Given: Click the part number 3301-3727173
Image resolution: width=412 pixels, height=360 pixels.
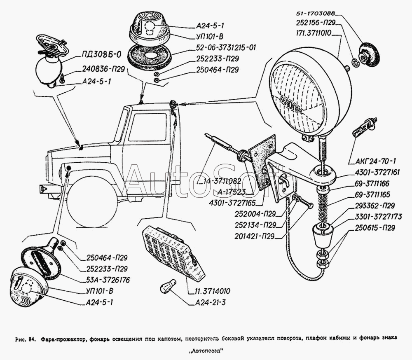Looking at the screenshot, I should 374,215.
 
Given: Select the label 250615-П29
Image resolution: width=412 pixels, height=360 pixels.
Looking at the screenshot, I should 374,227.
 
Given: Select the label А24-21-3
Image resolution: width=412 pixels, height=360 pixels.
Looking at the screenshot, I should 208,303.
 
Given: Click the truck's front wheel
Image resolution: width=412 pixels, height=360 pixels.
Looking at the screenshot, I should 91,201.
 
